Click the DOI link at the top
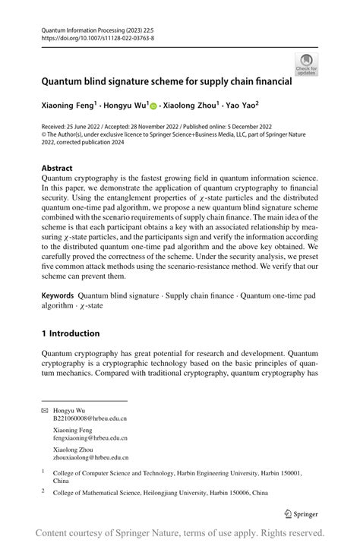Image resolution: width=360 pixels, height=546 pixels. pos(97,37)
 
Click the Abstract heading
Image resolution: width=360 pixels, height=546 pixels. pos(57,168)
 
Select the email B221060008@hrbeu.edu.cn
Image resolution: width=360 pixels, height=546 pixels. pos(90,418)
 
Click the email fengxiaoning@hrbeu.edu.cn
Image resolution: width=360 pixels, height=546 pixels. pos(90,437)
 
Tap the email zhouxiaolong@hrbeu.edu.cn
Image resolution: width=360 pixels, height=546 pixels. pos(90,457)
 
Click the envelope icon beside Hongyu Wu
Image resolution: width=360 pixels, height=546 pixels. pos(45,410)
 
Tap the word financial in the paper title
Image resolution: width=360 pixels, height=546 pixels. pos(269,80)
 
